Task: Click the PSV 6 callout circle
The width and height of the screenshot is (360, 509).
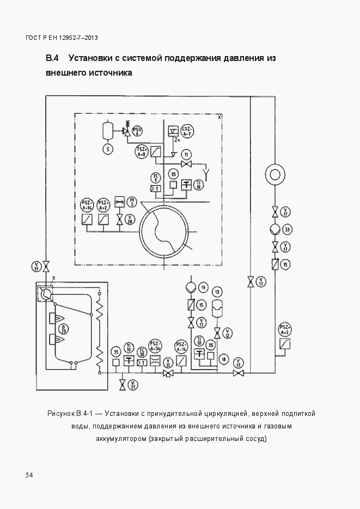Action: point(138,130)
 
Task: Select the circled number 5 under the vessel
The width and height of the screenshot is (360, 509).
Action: point(108,149)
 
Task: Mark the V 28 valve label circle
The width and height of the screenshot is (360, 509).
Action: point(130,220)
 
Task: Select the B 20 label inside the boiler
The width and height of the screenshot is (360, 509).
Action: point(64,328)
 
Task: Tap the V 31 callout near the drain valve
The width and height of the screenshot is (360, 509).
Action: point(133,385)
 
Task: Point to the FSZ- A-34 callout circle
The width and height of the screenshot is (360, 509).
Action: point(155,346)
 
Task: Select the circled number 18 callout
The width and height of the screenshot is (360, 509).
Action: point(223,360)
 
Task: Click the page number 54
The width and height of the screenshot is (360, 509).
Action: point(29,475)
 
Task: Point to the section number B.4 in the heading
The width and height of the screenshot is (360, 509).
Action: point(52,57)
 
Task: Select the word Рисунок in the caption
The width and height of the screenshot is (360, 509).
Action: point(61,414)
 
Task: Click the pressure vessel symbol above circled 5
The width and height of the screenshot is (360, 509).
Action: point(108,131)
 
